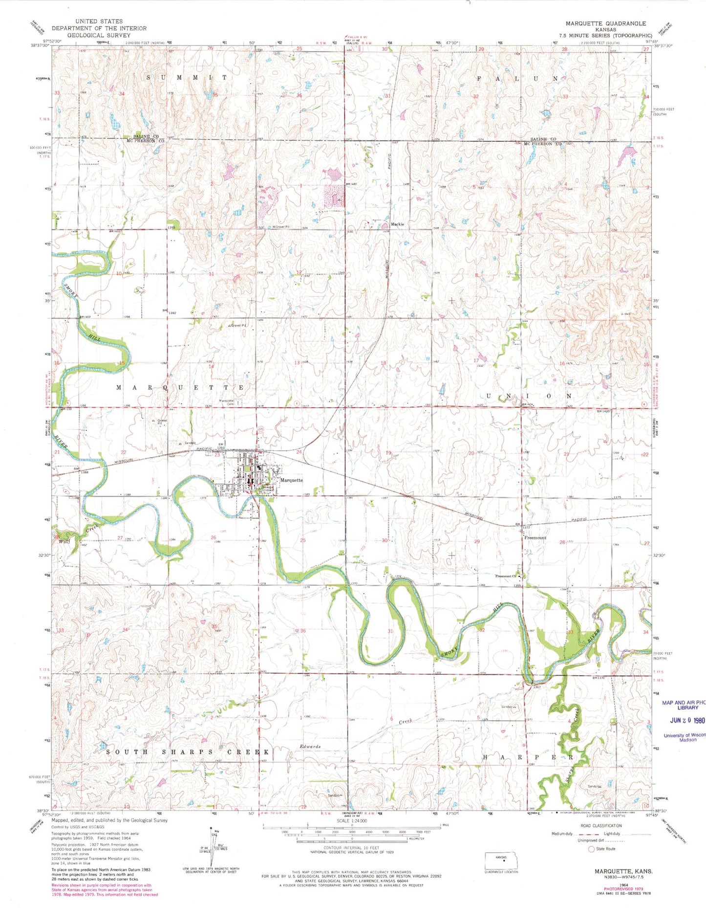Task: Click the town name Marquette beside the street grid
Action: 292,480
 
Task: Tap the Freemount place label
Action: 535,538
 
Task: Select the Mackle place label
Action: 397,224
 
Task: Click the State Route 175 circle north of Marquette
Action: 260,428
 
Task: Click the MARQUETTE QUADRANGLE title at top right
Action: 605,23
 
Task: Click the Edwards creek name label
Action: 311,747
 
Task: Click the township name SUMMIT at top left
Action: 188,78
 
